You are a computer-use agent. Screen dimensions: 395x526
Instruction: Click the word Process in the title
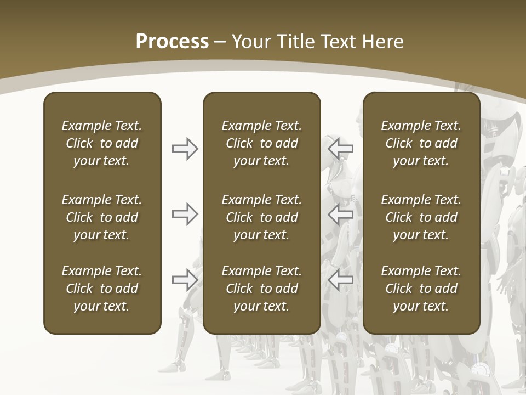(172, 42)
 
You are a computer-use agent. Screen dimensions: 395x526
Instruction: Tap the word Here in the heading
(382, 42)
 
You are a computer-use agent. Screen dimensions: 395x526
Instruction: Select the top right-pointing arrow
(185, 149)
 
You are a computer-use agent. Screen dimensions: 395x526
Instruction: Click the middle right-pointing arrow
(185, 214)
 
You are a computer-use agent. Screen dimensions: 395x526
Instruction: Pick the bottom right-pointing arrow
(185, 280)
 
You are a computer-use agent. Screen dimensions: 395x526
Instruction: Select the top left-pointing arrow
(341, 148)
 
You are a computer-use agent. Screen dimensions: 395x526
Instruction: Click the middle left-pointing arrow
(341, 214)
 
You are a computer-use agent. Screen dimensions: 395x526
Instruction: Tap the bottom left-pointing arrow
(341, 280)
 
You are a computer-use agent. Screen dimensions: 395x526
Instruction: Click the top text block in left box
(102, 143)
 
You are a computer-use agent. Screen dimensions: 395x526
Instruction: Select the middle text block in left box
(102, 217)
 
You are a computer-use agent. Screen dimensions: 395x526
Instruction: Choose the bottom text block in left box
(102, 289)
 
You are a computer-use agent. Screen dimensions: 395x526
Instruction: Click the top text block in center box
(261, 143)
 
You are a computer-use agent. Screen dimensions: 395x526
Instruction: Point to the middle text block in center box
(261, 217)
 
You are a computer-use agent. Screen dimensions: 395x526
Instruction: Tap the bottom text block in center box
(261, 289)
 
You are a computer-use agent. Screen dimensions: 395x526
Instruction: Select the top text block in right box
(421, 143)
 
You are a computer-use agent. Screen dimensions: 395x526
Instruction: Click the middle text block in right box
(421, 217)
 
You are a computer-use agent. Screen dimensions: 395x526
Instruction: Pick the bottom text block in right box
(421, 289)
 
